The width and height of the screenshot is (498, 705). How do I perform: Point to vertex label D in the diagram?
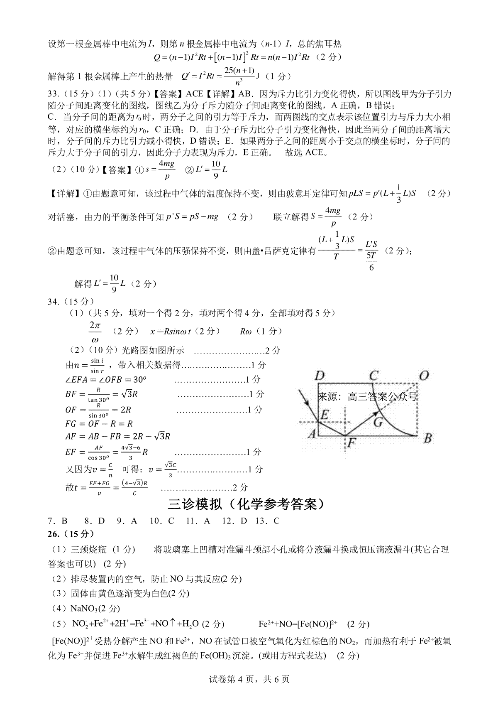319,376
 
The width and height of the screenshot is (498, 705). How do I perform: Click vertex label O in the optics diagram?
423,376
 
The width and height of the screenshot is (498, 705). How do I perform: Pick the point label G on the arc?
378,422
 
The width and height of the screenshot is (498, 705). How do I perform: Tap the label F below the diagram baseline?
351,443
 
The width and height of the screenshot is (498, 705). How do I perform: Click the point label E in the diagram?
325,414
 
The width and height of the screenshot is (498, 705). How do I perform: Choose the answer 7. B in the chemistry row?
58,521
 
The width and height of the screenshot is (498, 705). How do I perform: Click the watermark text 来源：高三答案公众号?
367,396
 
